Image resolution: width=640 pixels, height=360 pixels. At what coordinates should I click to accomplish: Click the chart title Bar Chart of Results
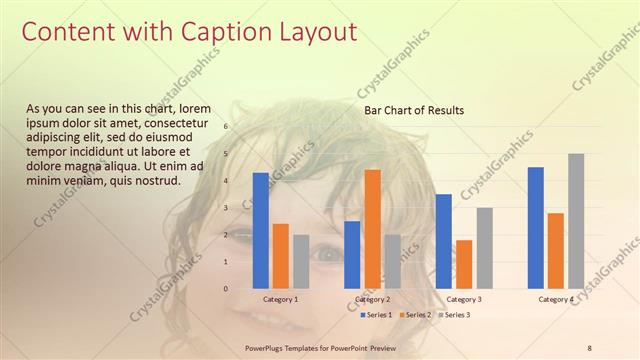pos(413,110)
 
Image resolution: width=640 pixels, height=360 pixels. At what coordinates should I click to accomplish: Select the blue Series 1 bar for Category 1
pos(260,230)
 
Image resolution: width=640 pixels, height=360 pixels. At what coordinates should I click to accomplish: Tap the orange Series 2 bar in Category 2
pos(372,228)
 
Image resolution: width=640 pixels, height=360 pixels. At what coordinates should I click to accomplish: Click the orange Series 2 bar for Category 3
pos(463,264)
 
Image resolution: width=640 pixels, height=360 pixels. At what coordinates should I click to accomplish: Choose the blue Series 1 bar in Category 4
pos(535,227)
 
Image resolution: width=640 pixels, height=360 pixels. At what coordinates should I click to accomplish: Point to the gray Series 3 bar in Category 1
pos(301,261)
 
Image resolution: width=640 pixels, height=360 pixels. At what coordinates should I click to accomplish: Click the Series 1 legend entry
pos(375,315)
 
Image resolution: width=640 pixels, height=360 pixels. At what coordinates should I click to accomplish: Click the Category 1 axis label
pos(280,299)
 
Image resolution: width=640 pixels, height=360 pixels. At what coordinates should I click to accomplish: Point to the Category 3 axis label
pos(463,299)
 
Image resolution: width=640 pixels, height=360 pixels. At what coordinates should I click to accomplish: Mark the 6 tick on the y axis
pos(226,127)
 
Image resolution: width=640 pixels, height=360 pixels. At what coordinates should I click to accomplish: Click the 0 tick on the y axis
pos(226,289)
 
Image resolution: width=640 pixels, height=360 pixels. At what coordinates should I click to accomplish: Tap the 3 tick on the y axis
pos(226,208)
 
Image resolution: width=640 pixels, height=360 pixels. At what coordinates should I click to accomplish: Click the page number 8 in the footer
pos(590,347)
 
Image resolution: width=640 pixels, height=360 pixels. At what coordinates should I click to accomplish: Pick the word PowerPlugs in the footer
pos(268,347)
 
